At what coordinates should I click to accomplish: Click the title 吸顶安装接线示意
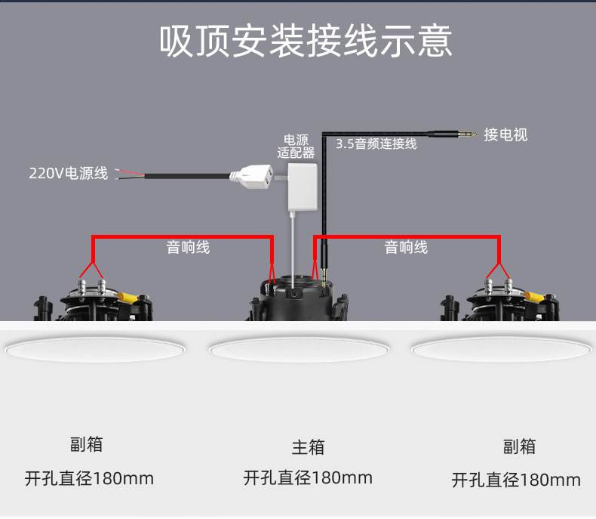(x=306, y=42)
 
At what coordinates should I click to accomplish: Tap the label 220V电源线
(x=69, y=174)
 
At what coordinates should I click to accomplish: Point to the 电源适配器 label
(x=296, y=146)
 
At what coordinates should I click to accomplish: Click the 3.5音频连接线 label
(x=376, y=144)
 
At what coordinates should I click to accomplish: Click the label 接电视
(x=505, y=135)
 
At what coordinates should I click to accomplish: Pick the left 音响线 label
(x=188, y=247)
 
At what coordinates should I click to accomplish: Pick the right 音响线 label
(x=406, y=247)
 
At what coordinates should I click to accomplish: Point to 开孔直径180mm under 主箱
(x=308, y=477)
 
